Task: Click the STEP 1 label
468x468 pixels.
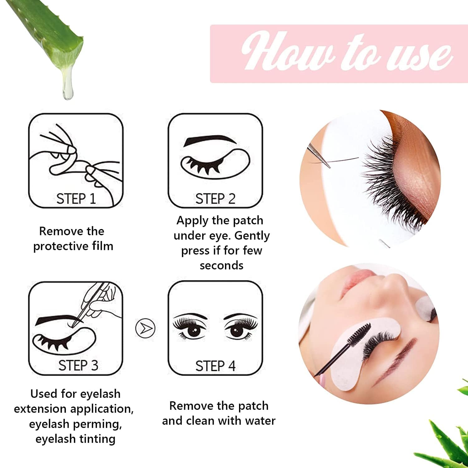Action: click(x=76, y=199)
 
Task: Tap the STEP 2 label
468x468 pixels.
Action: click(x=215, y=199)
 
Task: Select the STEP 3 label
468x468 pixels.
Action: click(x=78, y=365)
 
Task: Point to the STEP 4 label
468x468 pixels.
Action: click(x=215, y=366)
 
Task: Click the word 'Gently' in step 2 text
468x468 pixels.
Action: click(x=252, y=236)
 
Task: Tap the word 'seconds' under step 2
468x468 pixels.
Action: click(x=222, y=266)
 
